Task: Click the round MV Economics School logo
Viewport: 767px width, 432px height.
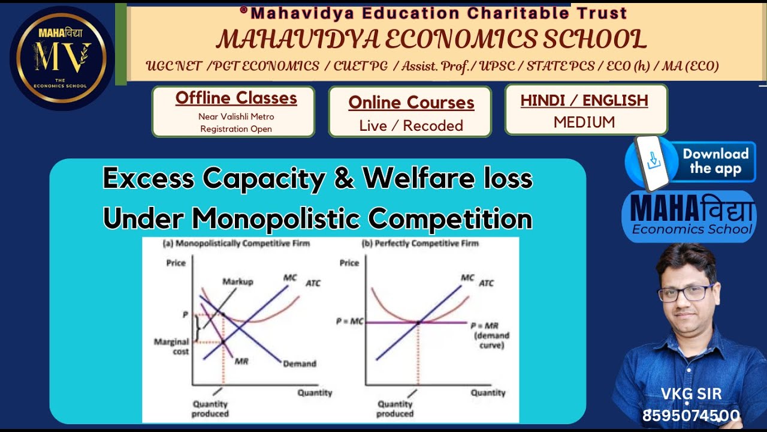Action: pyautogui.click(x=62, y=58)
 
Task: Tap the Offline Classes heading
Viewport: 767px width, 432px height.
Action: pyautogui.click(x=236, y=98)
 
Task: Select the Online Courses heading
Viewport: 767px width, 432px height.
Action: pyautogui.click(x=411, y=103)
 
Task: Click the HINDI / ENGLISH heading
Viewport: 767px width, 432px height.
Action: pyautogui.click(x=584, y=100)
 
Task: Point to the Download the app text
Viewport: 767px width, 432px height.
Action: pyautogui.click(x=715, y=161)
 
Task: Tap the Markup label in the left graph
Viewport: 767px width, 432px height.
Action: pyautogui.click(x=238, y=281)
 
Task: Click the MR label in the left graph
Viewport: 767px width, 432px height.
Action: pyautogui.click(x=241, y=362)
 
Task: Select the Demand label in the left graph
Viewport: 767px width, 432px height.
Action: pyautogui.click(x=300, y=364)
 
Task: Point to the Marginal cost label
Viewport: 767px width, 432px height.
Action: pyautogui.click(x=172, y=346)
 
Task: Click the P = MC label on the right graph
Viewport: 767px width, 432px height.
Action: pyautogui.click(x=349, y=322)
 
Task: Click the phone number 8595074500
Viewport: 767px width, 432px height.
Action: pyautogui.click(x=691, y=416)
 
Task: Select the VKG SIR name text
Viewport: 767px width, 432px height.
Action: pyautogui.click(x=691, y=394)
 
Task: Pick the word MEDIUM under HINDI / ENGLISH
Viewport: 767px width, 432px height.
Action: pyautogui.click(x=584, y=122)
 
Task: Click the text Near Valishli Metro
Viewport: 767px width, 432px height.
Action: pyautogui.click(x=236, y=116)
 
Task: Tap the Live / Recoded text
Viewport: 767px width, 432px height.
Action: pyautogui.click(x=411, y=125)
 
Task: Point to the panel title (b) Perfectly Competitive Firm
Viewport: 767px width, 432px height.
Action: pyautogui.click(x=420, y=244)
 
